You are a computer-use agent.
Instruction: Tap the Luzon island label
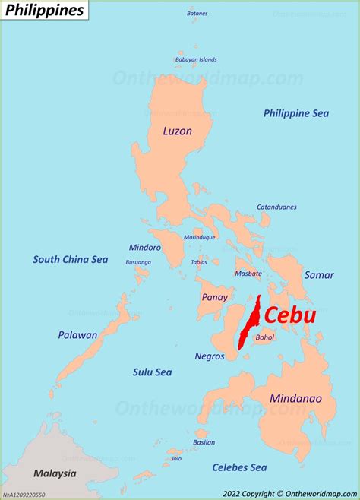coord(177,131)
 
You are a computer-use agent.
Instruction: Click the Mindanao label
coord(295,398)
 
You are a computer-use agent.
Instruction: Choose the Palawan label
coord(77,334)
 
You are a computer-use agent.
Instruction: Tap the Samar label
coord(319,274)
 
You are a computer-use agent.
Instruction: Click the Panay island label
coord(214,297)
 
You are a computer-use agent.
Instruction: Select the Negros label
coord(210,356)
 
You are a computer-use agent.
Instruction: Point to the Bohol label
coord(265,337)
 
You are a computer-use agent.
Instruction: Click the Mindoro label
coord(145,247)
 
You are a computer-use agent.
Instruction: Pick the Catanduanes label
coord(276,207)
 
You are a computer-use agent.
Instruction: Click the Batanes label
coord(197,13)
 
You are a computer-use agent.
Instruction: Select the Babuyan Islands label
coord(196,59)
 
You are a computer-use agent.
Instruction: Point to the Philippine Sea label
coord(296,113)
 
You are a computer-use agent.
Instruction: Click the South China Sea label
coord(70,259)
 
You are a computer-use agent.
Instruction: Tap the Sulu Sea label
coord(152,372)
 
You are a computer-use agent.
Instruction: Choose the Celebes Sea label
coord(239,467)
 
